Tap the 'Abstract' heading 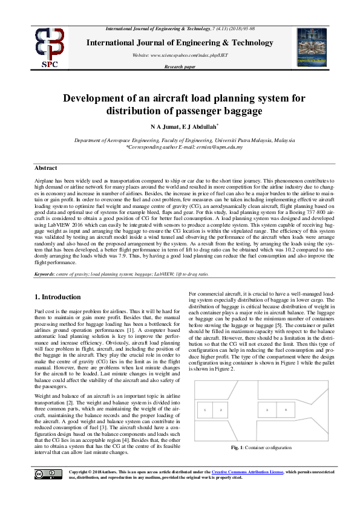46,168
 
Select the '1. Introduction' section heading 57,297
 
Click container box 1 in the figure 205,410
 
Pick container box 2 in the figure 220,410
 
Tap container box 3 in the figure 267,410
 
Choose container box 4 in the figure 286,410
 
